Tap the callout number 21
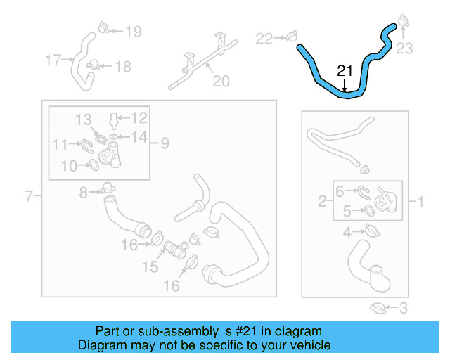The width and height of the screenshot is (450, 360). coord(345,71)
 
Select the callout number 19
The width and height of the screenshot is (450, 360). coord(133,31)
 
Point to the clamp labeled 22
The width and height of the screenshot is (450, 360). coord(290,36)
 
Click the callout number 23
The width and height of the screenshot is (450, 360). coord(405,49)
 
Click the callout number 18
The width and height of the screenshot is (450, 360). coord(122,67)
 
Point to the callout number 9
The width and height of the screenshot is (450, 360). coord(164,143)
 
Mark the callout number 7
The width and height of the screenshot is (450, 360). coord(29,196)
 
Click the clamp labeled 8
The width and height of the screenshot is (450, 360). coord(108,189)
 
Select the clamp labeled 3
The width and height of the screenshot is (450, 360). coord(377,307)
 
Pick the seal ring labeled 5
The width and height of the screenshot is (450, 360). coord(369,210)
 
